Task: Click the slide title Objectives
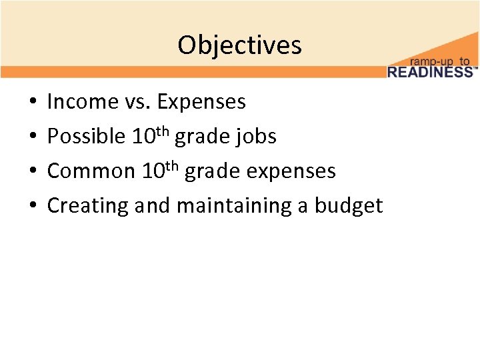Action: click(239, 45)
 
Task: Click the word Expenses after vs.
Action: click(201, 102)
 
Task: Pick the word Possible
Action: click(86, 137)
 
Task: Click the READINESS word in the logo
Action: click(429, 72)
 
